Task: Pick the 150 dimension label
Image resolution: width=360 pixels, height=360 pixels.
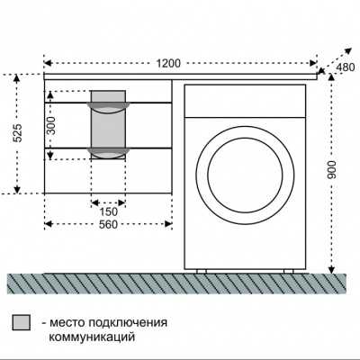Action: (107, 211)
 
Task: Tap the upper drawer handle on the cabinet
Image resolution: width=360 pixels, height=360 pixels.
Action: (108, 108)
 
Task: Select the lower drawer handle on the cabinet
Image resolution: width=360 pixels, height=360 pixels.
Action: (108, 149)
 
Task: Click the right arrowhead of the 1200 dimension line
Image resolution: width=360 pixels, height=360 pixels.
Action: (314, 63)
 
